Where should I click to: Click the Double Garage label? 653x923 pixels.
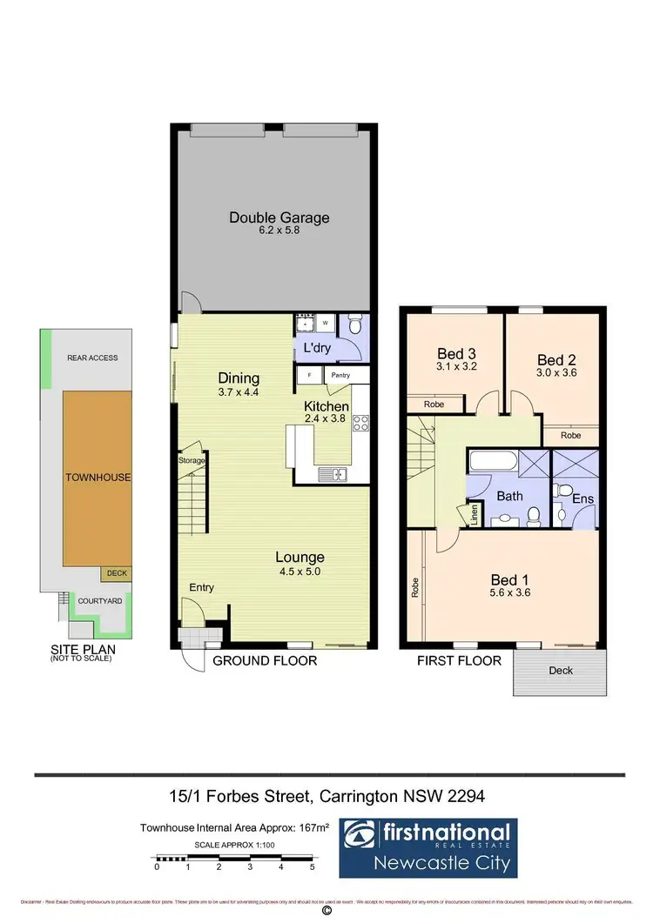(279, 217)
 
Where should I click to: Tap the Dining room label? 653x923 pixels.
(239, 378)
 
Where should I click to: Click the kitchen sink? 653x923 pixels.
(333, 474)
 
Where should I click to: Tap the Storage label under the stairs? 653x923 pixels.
(192, 460)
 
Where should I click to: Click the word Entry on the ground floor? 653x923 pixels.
(202, 588)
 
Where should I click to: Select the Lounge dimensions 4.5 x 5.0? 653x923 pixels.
(300, 572)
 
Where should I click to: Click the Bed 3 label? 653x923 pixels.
(455, 353)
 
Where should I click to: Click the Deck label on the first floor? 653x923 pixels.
(560, 672)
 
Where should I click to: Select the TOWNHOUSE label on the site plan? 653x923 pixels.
(98, 478)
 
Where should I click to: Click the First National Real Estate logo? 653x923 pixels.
(427, 847)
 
